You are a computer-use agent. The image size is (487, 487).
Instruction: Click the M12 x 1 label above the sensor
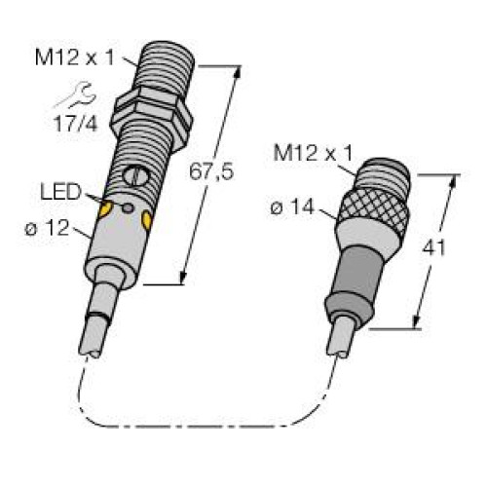[81, 57]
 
